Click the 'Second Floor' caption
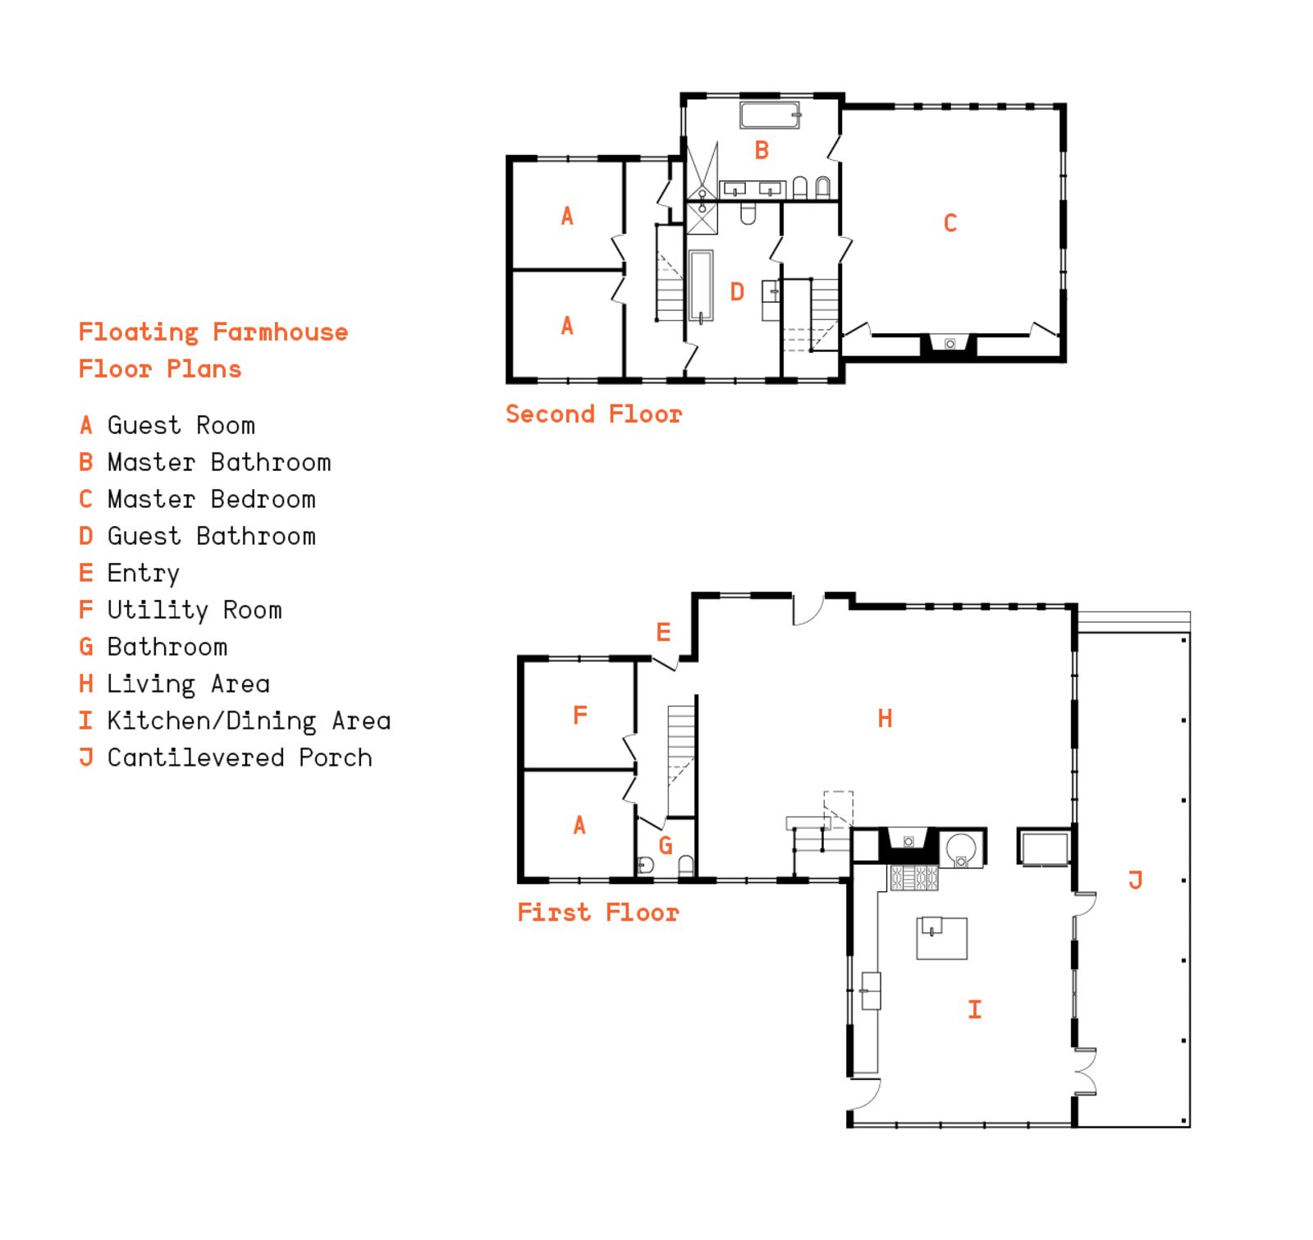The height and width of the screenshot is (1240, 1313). click(x=593, y=414)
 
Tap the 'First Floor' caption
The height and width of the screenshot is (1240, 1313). click(x=598, y=912)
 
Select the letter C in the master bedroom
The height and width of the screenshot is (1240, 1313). click(x=950, y=223)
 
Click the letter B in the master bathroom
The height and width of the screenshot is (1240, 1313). click(x=762, y=150)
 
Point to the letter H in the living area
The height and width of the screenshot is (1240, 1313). click(x=885, y=719)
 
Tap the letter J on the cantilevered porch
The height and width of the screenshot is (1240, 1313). click(x=1136, y=881)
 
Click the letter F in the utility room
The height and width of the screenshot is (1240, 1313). click(x=580, y=715)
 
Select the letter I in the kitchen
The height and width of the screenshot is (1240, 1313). click(x=975, y=1009)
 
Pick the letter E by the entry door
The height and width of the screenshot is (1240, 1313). click(x=663, y=632)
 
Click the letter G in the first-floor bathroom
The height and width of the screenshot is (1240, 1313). click(x=666, y=845)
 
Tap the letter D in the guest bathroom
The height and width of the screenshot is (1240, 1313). click(x=737, y=291)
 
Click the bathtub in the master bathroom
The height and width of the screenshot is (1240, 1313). click(x=770, y=115)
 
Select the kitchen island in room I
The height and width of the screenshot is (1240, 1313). click(x=942, y=938)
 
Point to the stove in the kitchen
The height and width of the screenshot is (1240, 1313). click(x=914, y=878)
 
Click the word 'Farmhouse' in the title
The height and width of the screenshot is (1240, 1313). click(x=281, y=332)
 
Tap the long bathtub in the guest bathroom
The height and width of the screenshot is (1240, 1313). click(x=701, y=286)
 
